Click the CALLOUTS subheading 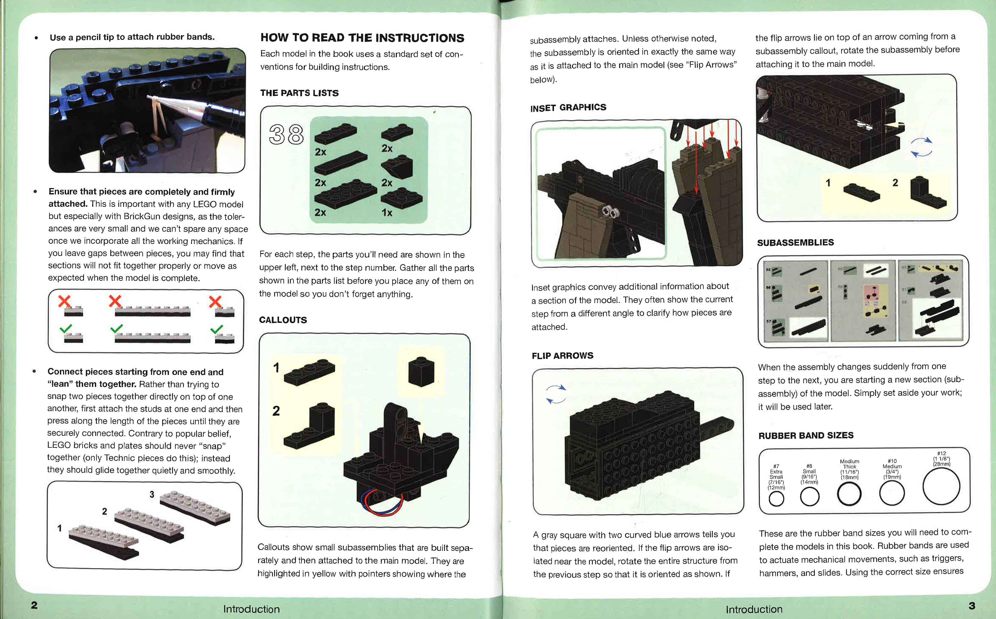283,320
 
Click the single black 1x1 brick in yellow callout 421,371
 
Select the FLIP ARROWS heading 562,355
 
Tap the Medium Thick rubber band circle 849,494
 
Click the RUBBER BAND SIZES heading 806,435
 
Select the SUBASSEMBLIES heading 795,242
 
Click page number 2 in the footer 34,605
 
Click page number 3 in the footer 972,606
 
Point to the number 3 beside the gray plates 152,494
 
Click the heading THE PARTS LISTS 299,93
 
